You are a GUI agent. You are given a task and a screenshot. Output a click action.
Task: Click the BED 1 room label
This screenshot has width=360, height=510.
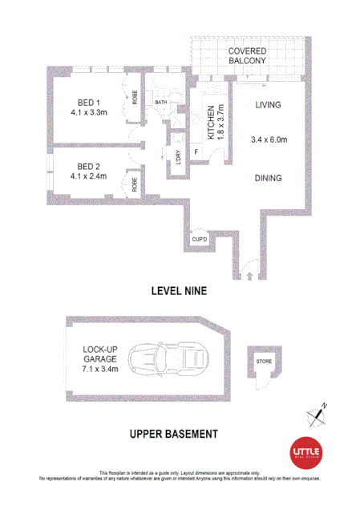tap(87, 101)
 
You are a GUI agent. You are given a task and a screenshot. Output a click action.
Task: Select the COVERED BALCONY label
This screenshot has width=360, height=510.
tap(246, 57)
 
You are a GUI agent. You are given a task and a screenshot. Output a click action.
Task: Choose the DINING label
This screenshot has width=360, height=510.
tap(269, 179)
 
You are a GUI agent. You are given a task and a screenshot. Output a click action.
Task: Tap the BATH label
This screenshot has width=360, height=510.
tap(160, 103)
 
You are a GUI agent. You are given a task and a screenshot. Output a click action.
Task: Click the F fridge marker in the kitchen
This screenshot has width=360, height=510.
tap(197, 152)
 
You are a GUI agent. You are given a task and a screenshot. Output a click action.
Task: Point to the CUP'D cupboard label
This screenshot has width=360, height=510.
tap(200, 240)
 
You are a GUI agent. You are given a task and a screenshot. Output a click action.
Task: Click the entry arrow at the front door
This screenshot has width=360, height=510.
tap(249, 275)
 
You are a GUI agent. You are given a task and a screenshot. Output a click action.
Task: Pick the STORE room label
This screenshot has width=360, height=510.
tap(264, 362)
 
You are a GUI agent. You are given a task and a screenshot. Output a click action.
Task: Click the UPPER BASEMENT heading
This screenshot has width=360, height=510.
tap(174, 434)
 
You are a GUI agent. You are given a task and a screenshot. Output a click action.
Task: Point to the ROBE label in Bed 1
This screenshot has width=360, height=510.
tap(136, 98)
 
